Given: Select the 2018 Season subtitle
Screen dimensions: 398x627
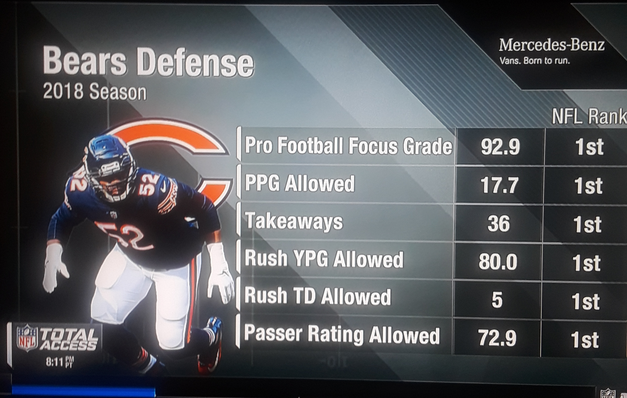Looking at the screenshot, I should [x=95, y=92].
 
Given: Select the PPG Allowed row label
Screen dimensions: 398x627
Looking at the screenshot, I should [x=300, y=184].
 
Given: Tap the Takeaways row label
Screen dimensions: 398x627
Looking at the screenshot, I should [x=294, y=222].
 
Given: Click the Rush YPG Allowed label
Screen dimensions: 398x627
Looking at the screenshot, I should [x=324, y=259].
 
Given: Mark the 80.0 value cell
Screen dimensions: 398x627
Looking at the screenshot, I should [x=498, y=262].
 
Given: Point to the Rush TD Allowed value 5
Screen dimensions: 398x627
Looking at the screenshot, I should [x=497, y=300].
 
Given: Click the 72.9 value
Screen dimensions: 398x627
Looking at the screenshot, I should [x=497, y=338].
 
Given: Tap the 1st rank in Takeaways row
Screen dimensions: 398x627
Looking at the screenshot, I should [x=587, y=224].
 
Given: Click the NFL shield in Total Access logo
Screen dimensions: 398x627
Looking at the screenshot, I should [x=27, y=338].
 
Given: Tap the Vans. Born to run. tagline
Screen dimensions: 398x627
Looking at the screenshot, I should [x=535, y=61].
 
